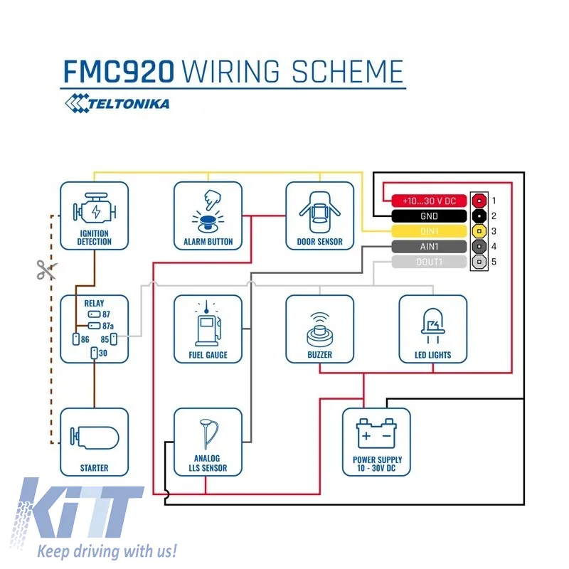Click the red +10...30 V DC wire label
coord(429,201)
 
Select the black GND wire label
coord(429,216)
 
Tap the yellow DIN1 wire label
coord(429,231)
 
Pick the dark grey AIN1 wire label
coord(429,246)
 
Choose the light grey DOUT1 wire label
coord(429,262)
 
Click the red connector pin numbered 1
coord(479,201)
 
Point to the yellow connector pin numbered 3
coord(479,230)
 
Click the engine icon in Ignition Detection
coord(95,208)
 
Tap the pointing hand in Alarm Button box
coord(212,200)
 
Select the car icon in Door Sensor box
coord(319,212)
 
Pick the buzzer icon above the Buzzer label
coord(319,330)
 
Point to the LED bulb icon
coord(433,326)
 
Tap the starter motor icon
coord(95,437)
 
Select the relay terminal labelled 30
coord(95,353)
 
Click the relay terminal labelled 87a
coord(95,326)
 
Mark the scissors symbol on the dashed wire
coord(46,270)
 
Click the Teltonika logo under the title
coord(117,103)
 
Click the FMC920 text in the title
coord(119,72)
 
